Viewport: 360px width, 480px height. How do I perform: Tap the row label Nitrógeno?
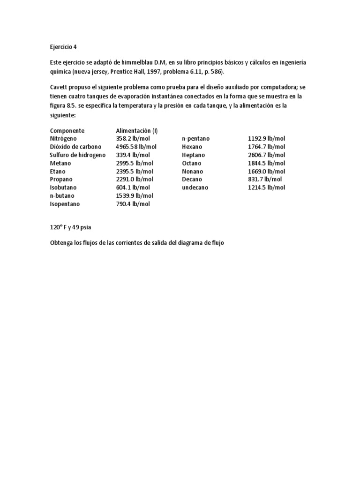click(63, 139)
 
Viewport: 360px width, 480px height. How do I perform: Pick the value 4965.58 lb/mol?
click(136, 147)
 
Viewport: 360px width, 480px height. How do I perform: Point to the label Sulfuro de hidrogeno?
click(78, 155)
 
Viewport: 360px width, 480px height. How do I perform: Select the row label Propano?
click(61, 179)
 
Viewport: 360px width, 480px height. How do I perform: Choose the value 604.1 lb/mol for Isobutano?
click(133, 187)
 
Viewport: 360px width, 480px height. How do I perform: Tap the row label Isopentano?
click(65, 204)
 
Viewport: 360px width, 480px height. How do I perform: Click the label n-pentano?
click(196, 139)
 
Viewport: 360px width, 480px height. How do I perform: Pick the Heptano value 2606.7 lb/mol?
click(266, 155)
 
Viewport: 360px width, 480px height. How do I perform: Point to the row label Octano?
click(192, 163)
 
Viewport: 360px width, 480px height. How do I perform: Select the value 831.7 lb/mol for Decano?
click(265, 179)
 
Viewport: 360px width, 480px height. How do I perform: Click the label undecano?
click(195, 187)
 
